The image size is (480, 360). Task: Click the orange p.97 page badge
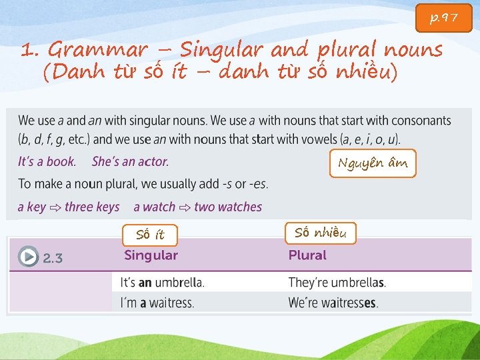pos(444,18)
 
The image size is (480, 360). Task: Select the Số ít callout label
pos(150,234)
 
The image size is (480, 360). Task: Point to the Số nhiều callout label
pos(321,233)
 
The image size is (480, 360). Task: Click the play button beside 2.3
pos(28,257)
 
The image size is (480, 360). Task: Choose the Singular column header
pos(151,255)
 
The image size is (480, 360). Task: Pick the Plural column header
pos(307,255)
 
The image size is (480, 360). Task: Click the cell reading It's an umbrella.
pos(162,282)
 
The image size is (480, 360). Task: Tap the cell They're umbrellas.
pos(337,282)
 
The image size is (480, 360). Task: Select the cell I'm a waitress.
pos(157,303)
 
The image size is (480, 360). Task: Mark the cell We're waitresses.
pos(333,303)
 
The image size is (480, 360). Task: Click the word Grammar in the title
pos(98,50)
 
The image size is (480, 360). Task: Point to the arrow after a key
pos(55,207)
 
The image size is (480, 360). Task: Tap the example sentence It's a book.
pos(47,161)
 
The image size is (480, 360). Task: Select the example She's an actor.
pos(130,161)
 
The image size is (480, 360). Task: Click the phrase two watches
pos(228,207)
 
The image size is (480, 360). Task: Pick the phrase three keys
pos(92,207)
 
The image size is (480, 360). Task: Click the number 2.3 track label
pos(53,258)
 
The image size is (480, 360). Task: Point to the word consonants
pos(421,121)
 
